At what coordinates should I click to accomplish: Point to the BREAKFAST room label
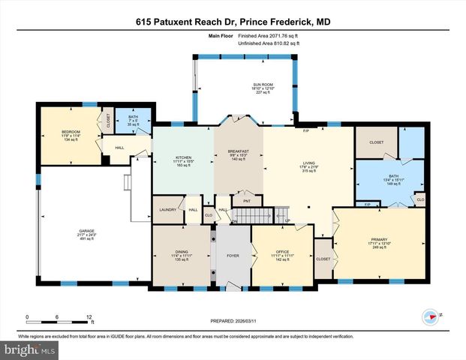coord(238,151)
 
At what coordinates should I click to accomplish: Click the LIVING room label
coord(309,162)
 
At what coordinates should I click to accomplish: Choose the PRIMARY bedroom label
coord(377,239)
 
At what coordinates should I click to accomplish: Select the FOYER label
coord(233,255)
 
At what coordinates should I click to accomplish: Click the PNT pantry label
coord(246,201)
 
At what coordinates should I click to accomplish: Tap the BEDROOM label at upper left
coord(71,132)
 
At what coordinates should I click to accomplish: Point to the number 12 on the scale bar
coord(89,318)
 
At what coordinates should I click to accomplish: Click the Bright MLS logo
coord(30,350)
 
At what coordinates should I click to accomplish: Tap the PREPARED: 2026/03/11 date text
coord(232,322)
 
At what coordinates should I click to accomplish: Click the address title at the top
coord(233,22)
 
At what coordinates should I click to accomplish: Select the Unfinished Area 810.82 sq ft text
coord(269,43)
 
